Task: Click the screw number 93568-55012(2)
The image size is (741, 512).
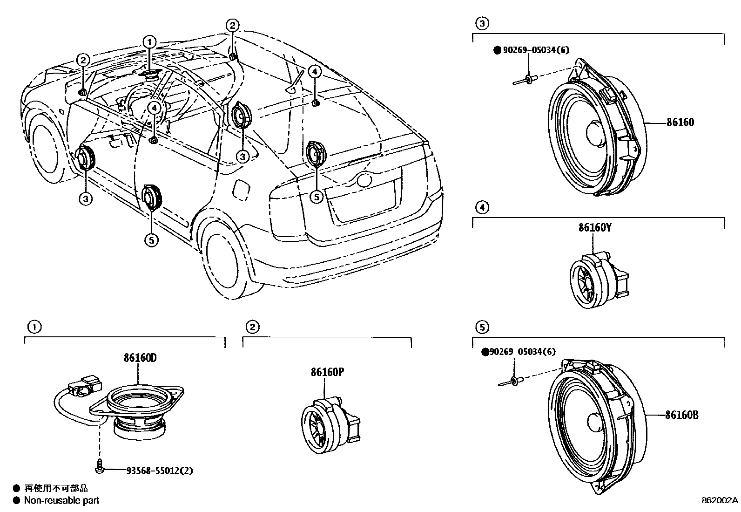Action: pos(159,471)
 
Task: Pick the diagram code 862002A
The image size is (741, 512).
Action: pos(720,500)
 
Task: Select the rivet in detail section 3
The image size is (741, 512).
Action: pos(526,80)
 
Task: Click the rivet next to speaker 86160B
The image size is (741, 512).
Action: pos(512,382)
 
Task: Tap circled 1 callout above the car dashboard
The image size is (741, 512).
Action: pos(149,42)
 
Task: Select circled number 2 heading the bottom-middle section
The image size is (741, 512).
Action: pos(252,327)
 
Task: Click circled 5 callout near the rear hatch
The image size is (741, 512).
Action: pos(316,197)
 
